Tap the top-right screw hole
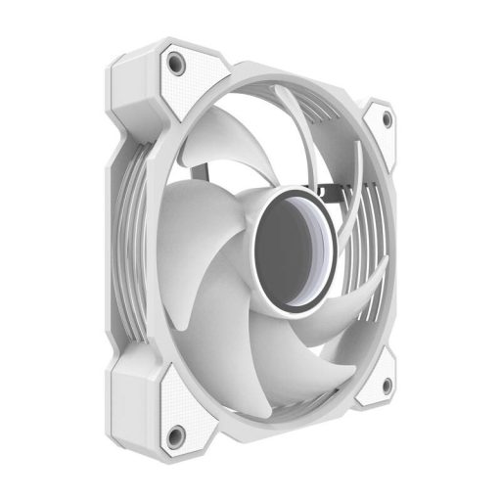[387, 119]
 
